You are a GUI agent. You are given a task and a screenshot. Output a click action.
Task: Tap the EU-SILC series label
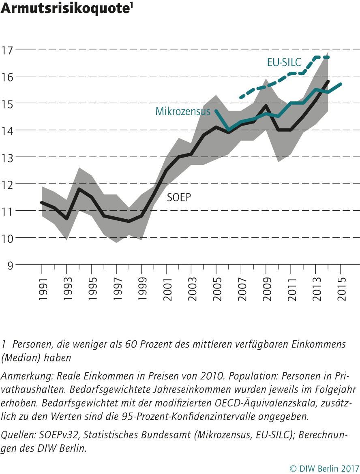tap(284, 62)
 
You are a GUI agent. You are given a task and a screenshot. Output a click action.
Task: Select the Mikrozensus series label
tap(183, 111)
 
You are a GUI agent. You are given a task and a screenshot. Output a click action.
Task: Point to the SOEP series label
tap(179, 197)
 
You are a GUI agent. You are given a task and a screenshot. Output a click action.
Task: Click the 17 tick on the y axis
tap(7, 50)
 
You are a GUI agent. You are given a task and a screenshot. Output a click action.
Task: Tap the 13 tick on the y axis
tap(7, 157)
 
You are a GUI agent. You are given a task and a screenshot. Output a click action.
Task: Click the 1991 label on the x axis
tap(42, 289)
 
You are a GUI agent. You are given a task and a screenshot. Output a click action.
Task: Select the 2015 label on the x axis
tap(341, 289)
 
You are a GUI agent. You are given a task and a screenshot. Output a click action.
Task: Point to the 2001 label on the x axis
tap(167, 289)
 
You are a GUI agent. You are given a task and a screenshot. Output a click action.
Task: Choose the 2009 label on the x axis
tap(266, 289)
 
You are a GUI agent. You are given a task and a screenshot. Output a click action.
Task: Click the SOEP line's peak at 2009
tap(266, 106)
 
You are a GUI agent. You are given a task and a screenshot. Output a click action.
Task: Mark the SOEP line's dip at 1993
tap(67, 219)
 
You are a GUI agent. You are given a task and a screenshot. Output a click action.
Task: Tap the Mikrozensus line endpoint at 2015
tap(341, 84)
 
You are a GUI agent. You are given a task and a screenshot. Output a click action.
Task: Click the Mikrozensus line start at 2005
tap(216, 111)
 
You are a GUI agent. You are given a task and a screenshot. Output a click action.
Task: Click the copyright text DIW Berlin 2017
tap(324, 468)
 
